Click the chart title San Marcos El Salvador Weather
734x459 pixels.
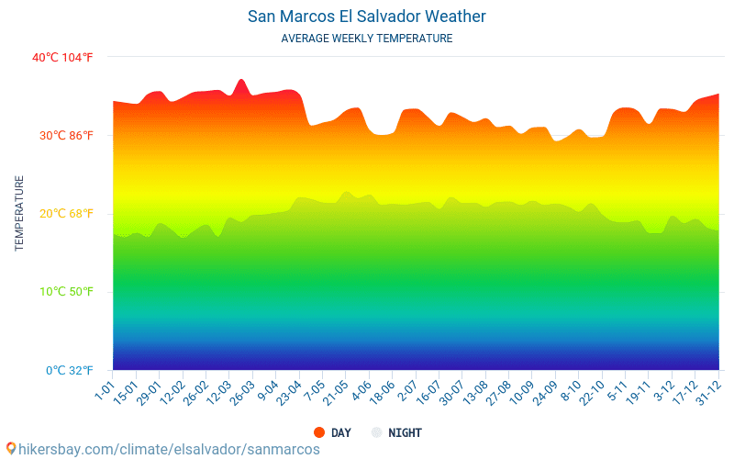(x=367, y=17)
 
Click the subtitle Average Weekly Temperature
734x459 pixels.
(x=367, y=39)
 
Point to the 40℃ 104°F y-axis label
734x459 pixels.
(x=62, y=58)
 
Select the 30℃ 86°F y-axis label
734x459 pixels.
(x=62, y=136)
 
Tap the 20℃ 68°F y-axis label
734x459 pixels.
(x=62, y=214)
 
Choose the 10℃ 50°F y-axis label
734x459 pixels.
(x=62, y=292)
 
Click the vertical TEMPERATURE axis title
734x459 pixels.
(x=19, y=214)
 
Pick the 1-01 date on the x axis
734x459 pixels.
(x=104, y=393)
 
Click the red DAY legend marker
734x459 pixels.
(x=319, y=432)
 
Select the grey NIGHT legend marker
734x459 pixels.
(x=376, y=432)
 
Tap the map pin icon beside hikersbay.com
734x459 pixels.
(x=10, y=449)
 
